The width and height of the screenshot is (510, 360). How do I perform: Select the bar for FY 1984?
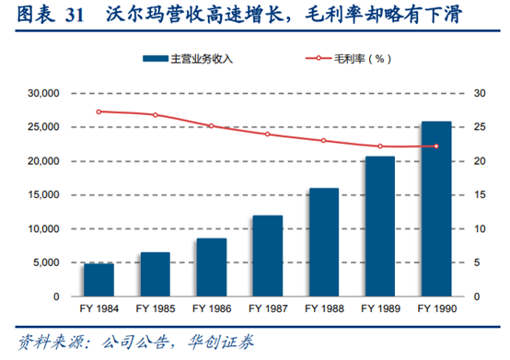[99, 280]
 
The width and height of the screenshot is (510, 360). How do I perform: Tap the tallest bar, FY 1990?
[435, 209]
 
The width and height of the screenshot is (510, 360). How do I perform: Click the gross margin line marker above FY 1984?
[99, 111]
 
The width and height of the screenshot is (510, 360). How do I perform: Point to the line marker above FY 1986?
[211, 126]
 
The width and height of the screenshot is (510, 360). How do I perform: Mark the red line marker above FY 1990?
[435, 146]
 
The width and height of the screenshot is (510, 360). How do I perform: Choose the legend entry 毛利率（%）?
[346, 59]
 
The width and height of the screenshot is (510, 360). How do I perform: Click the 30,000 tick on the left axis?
[44, 94]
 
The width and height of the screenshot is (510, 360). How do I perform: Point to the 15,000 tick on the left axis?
[44, 195]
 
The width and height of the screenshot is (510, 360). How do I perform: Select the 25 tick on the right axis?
[479, 127]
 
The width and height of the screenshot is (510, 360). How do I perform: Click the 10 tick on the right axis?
[479, 229]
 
